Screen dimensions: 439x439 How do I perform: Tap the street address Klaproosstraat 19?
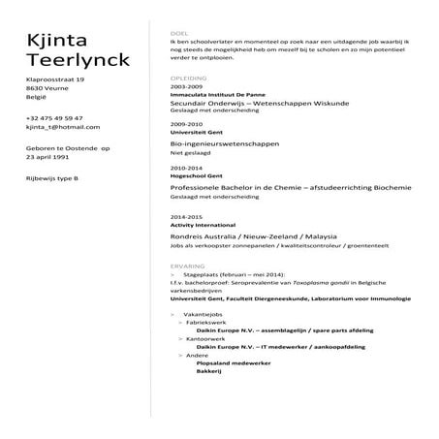56,78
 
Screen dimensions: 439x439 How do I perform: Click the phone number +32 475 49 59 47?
55,117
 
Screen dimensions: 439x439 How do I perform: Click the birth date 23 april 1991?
50,156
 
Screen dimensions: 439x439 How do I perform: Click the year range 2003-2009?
185,85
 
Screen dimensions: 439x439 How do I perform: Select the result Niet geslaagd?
190,152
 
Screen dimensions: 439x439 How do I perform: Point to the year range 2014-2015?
185,215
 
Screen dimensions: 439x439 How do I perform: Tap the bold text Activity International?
198,224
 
